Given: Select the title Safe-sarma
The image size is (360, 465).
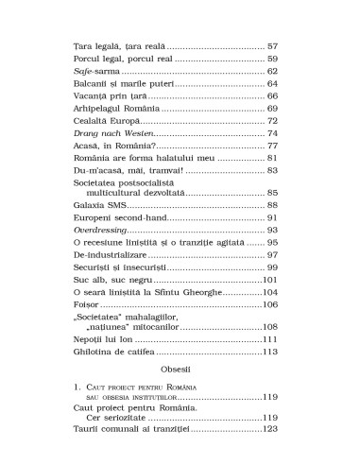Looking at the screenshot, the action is pyautogui.click(x=95, y=71).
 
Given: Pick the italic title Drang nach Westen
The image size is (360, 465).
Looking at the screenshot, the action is pyautogui.click(x=111, y=135).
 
